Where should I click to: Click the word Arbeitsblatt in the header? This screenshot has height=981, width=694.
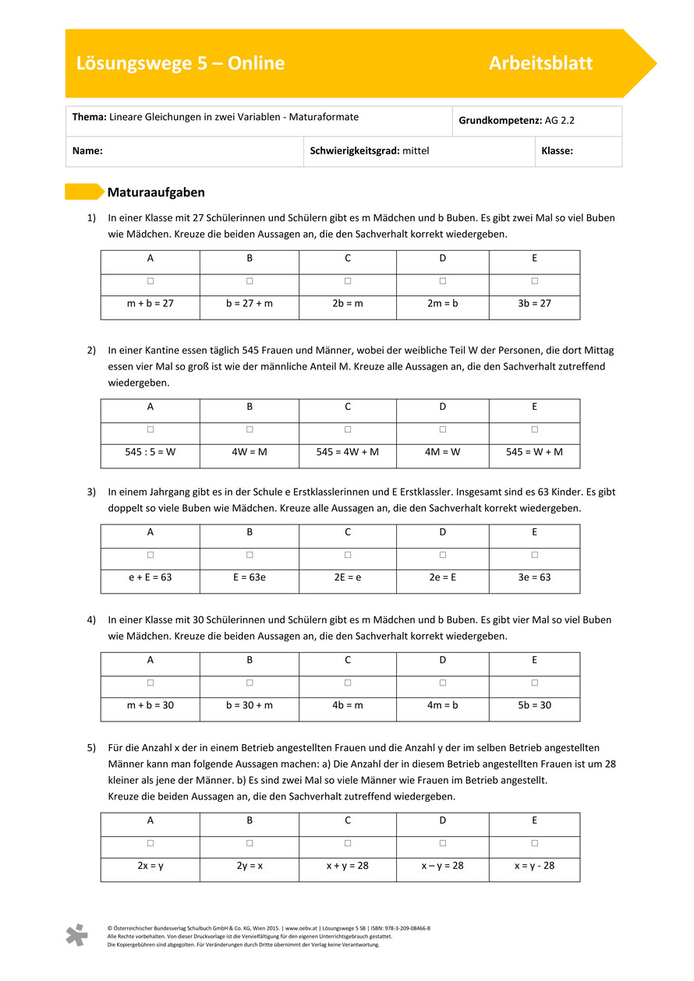click(540, 64)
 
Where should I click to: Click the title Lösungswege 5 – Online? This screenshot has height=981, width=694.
click(180, 64)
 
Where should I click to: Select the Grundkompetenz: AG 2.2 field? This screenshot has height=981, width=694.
click(516, 121)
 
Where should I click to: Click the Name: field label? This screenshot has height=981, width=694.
click(87, 151)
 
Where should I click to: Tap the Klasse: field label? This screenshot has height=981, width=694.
click(557, 151)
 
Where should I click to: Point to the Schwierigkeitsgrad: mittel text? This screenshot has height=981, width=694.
click(370, 151)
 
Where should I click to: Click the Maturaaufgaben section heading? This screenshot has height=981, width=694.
click(156, 192)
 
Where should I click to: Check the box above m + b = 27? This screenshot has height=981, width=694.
click(150, 281)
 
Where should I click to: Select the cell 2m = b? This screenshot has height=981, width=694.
click(442, 303)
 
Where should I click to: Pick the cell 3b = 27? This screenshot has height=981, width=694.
click(534, 303)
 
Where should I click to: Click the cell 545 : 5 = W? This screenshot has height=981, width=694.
click(150, 452)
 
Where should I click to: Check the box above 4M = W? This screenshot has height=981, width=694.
click(442, 429)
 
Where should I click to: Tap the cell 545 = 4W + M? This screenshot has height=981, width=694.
click(347, 452)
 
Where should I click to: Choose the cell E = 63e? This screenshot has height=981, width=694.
click(250, 577)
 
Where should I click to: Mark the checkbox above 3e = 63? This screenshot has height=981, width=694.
click(535, 555)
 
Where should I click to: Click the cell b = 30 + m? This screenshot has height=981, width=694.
click(250, 705)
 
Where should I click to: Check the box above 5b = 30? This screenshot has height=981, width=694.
click(535, 683)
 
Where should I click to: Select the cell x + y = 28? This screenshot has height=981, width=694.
click(347, 866)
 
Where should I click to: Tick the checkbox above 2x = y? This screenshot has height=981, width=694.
click(150, 843)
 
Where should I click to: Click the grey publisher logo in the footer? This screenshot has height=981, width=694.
click(76, 935)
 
